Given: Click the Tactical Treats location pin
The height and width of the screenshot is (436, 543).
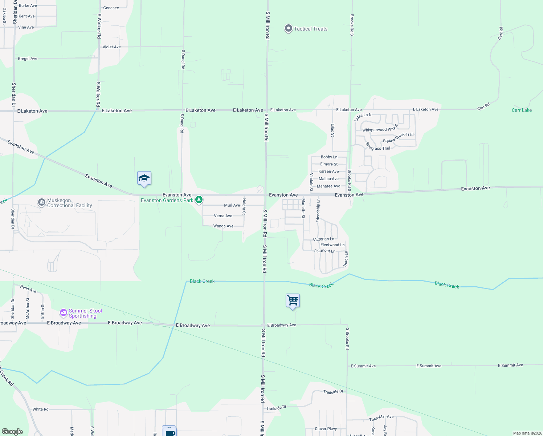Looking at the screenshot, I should click(x=289, y=28).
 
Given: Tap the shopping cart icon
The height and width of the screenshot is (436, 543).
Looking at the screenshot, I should click(x=293, y=300).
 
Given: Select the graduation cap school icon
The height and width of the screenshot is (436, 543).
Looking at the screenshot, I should click(x=144, y=178).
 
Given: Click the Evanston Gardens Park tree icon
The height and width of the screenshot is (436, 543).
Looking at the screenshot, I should click(x=199, y=200).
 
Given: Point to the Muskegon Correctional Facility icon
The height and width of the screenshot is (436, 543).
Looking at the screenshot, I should click(x=42, y=202).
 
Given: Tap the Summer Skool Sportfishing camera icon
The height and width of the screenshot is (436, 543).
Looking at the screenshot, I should click(x=64, y=312).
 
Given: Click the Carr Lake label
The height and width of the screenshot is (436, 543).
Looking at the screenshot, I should click(x=522, y=110).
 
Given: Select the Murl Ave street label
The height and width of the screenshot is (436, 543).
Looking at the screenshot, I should click(x=232, y=205).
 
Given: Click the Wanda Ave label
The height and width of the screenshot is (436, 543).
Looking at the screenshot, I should click(x=223, y=226).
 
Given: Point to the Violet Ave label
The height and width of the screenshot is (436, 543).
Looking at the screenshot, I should click(x=111, y=47).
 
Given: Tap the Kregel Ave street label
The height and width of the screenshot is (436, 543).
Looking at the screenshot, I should click(x=28, y=58).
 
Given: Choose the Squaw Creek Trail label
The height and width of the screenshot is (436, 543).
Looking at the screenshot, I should click(x=398, y=138).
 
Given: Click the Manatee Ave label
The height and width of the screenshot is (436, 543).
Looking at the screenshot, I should click(x=328, y=186).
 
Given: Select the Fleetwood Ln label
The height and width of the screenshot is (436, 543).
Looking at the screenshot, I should click(x=332, y=245).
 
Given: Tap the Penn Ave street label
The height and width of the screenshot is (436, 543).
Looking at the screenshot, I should click(x=28, y=289).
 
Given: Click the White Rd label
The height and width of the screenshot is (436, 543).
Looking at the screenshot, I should click(x=40, y=409).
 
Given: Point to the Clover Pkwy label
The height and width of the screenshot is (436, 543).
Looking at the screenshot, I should click(x=326, y=429).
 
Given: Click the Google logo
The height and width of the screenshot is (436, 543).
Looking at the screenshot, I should click(x=12, y=432).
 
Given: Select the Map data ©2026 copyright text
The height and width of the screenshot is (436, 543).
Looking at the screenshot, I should click(x=527, y=433).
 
